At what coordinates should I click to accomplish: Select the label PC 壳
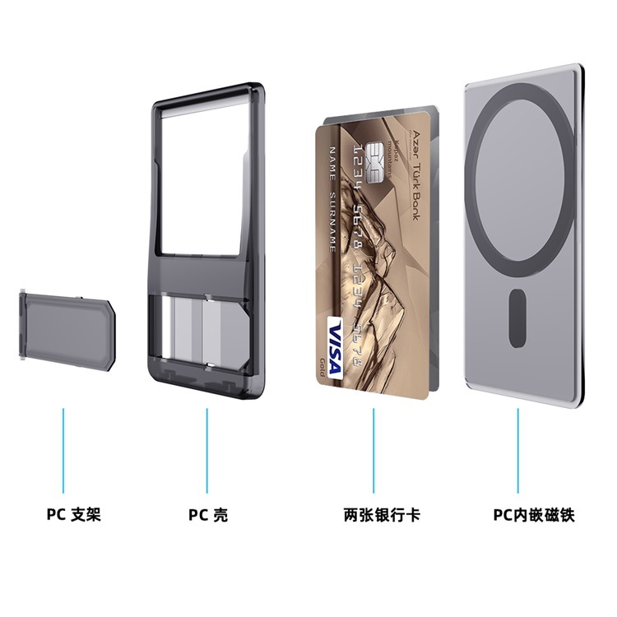click(208, 516)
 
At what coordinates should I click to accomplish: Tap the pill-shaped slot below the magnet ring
click(517, 317)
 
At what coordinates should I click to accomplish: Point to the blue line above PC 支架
click(63, 449)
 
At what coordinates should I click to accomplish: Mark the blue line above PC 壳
click(207, 449)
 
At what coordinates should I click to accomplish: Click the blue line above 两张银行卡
click(374, 449)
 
